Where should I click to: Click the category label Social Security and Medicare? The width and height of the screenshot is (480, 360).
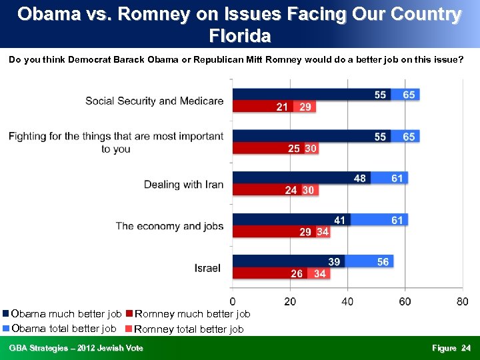coord(154,101)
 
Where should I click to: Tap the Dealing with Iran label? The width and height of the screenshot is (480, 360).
coord(183,184)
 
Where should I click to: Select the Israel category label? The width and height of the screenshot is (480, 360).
coord(207,268)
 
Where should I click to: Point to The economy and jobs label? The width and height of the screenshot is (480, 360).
coord(169,226)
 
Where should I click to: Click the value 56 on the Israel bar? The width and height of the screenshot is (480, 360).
coord(383,262)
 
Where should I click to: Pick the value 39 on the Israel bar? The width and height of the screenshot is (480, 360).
coord(334,262)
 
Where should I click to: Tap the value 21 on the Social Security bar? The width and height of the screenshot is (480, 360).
coord(283,107)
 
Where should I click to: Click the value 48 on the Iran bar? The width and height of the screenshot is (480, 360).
coord(360,178)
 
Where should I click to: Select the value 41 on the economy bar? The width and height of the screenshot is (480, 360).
coord(340,220)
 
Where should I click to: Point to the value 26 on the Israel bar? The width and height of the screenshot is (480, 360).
coord(297,274)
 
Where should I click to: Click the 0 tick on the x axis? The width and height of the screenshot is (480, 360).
coord(232,302)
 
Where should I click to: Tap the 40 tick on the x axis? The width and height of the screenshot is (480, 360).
coord(347,302)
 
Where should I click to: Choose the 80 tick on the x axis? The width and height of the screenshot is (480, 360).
coord(462,302)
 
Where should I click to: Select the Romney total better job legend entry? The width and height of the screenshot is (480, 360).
coord(189,329)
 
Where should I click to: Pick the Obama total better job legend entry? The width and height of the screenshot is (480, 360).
coord(63,328)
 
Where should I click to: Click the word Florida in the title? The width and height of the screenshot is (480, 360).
coord(239,35)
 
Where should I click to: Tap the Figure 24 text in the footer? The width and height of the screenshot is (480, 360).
coord(451,348)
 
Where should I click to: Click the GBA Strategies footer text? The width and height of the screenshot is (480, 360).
coord(75,348)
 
